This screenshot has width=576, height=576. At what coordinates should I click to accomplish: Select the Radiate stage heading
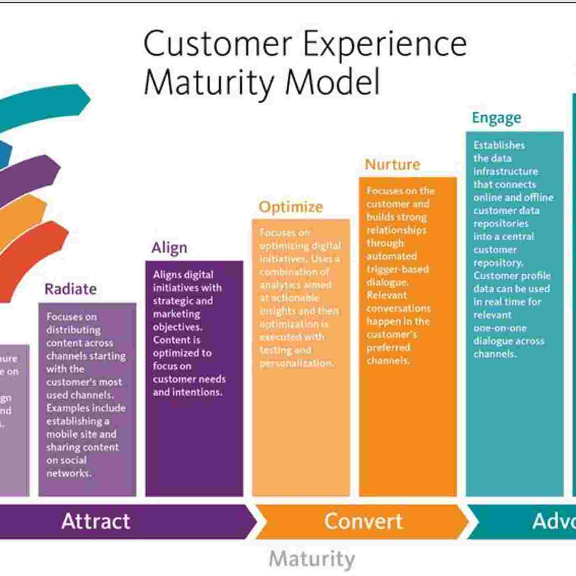pos(70,289)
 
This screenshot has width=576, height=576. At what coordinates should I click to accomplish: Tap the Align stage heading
pos(169,248)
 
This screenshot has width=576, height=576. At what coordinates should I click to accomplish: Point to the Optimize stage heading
pos(290,207)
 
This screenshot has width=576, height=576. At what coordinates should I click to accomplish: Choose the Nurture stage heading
pos(392,165)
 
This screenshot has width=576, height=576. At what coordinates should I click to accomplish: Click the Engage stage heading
pos(496,118)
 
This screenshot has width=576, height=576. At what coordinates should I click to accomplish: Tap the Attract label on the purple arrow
pos(95,521)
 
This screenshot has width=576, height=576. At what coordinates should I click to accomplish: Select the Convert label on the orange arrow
pos(363,521)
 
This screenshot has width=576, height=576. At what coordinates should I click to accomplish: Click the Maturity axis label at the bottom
pos(311,559)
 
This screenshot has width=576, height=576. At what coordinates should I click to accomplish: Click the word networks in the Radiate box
pos(68,473)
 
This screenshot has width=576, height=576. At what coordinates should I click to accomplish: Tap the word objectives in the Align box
pos(177,327)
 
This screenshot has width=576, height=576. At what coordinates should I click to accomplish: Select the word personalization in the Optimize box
pos(297,363)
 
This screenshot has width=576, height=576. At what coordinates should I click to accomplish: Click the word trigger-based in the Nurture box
pos(397,269)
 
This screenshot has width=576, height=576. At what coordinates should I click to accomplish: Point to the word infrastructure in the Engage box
pos(505,171)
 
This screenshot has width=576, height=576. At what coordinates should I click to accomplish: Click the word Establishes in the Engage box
pos(499,145)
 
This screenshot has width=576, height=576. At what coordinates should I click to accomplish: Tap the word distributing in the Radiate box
pos(73,330)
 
